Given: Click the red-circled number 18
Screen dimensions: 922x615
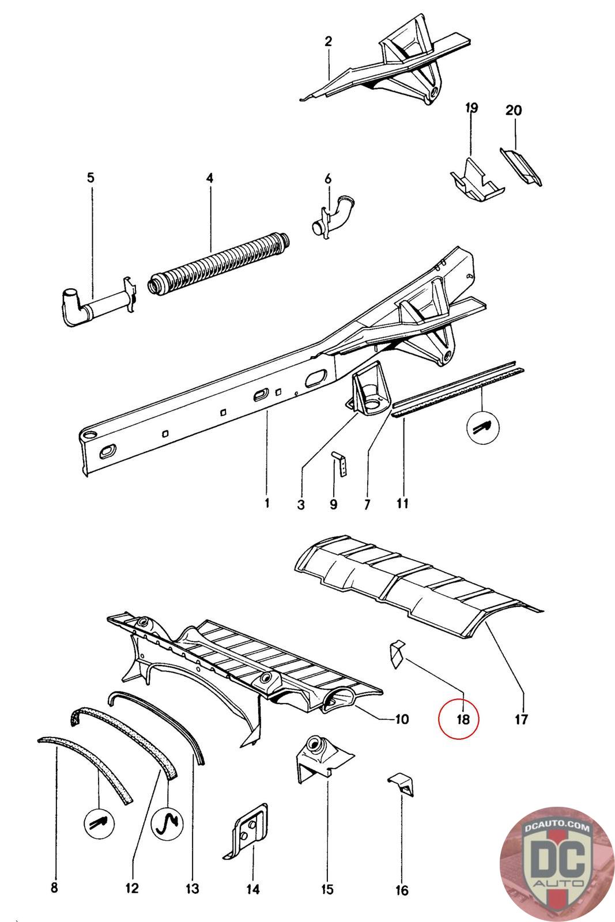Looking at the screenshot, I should (458, 719).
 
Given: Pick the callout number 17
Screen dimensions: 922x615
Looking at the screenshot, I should (521, 719).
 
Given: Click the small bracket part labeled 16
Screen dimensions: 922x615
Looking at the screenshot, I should (402, 785).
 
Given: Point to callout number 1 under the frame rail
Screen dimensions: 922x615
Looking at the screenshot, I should (267, 503).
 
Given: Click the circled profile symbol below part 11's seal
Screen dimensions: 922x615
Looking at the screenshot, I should (482, 427).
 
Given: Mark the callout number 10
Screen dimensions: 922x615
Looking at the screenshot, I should (401, 719).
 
